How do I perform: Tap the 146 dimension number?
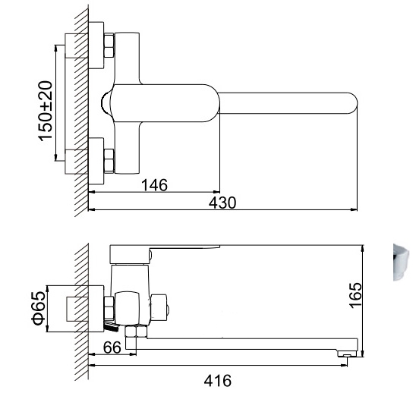tap(154, 185)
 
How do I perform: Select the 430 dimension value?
tap(222, 203)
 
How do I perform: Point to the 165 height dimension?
tap(355, 295)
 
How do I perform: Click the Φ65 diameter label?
tap(39, 308)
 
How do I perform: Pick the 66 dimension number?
tap(112, 347)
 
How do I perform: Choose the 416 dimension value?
tap(218, 381)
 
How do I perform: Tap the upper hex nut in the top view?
tap(109, 45)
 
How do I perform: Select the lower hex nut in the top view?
tap(109, 161)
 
